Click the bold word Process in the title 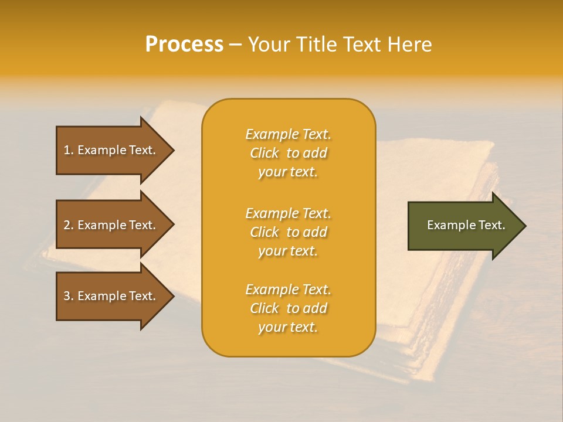(x=184, y=45)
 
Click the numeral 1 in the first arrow (x=67, y=150)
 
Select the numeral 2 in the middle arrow (x=67, y=225)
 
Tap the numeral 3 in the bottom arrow (x=67, y=296)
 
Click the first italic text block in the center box (x=288, y=153)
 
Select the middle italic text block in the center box (x=288, y=232)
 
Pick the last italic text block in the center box (x=288, y=308)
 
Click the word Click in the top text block (x=264, y=153)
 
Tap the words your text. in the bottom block (x=288, y=327)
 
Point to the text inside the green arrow (x=466, y=225)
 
